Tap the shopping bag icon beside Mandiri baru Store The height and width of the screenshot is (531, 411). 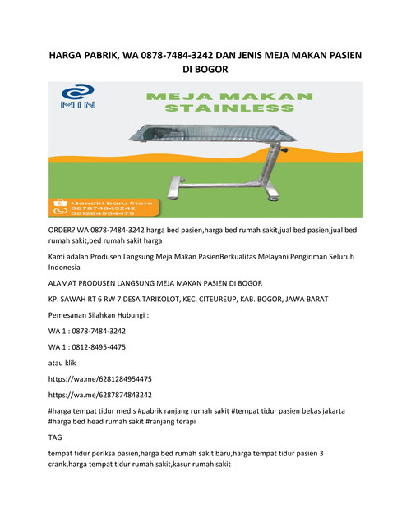pyautogui.click(x=58, y=200)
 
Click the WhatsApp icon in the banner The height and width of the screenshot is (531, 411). pyautogui.click(x=58, y=212)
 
